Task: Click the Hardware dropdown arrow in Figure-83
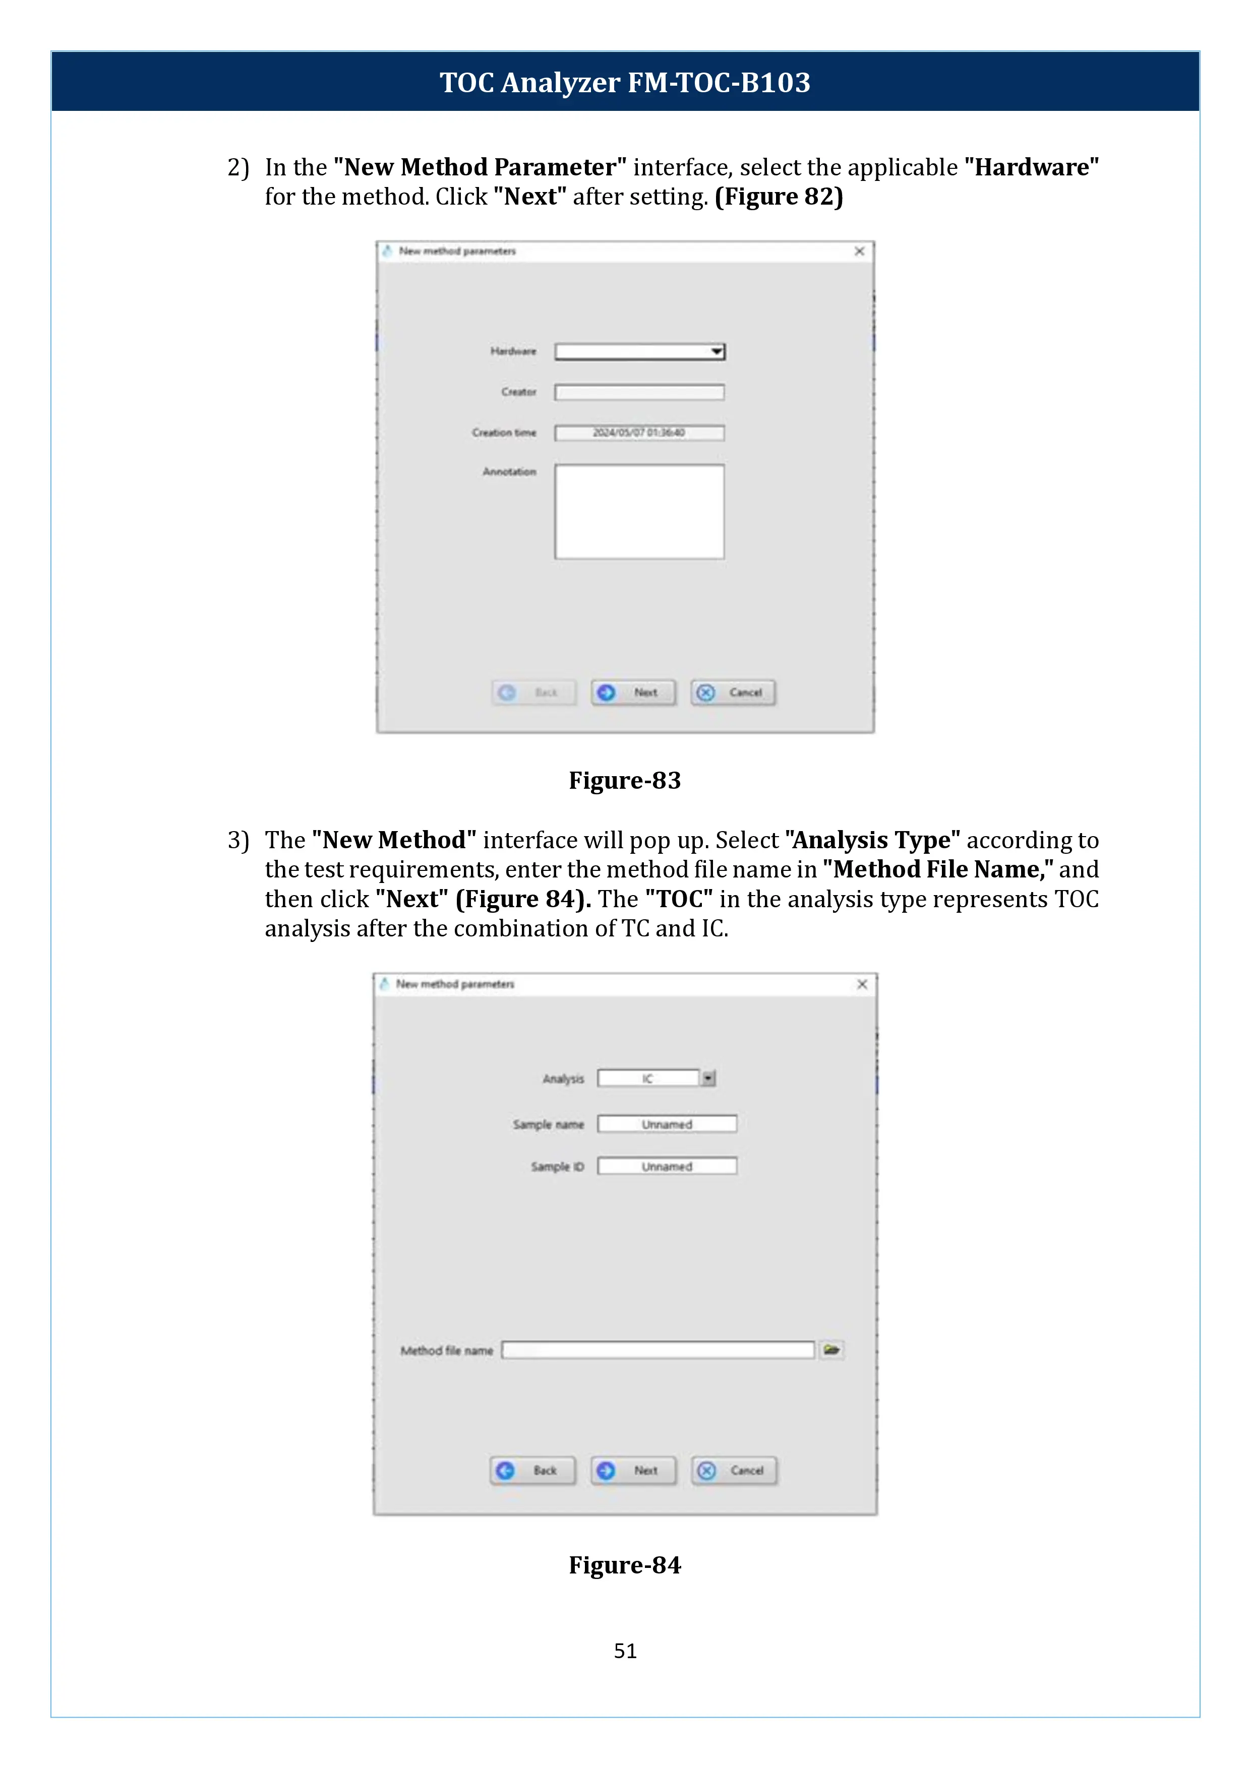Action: coord(717,352)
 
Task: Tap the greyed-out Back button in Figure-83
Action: coord(534,692)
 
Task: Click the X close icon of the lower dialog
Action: coord(862,984)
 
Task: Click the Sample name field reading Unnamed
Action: coord(667,1124)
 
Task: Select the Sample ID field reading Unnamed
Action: coord(667,1167)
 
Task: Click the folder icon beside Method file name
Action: coord(831,1350)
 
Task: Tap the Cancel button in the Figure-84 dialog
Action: coord(734,1470)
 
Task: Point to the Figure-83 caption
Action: coord(625,780)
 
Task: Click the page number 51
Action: coord(625,1651)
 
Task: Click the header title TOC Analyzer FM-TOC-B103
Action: coord(625,82)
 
